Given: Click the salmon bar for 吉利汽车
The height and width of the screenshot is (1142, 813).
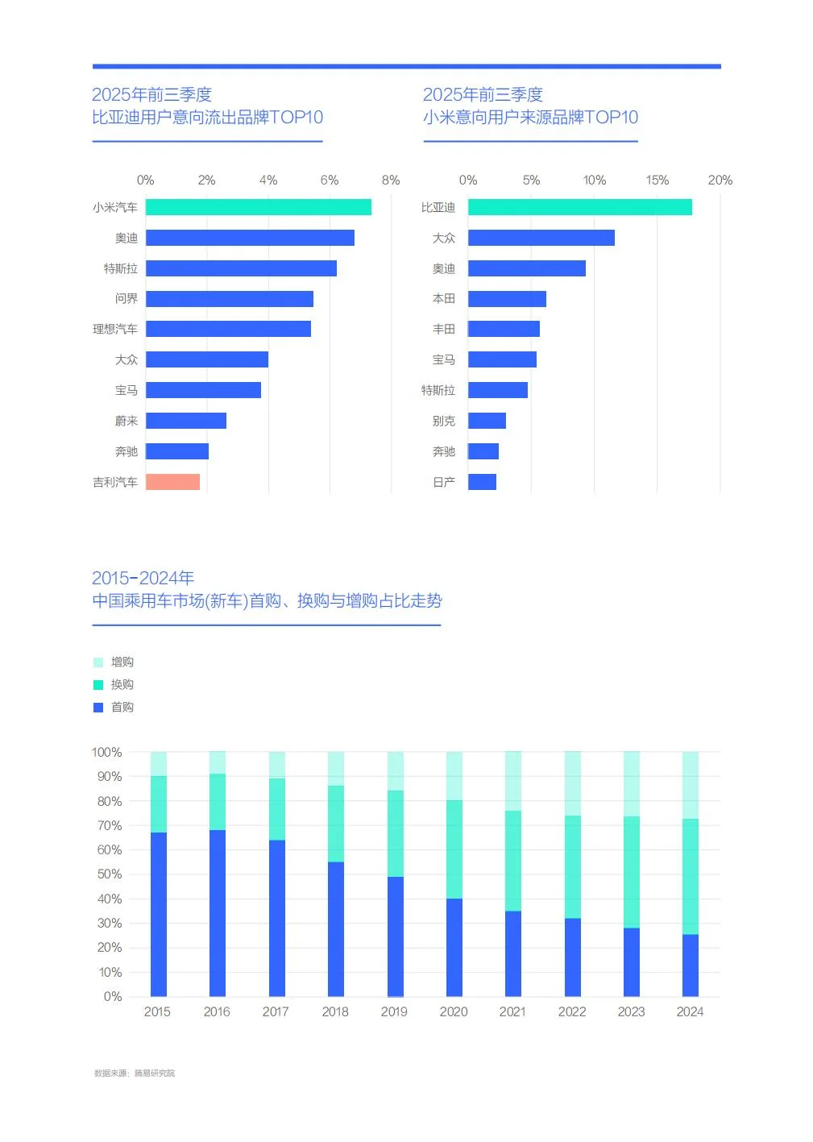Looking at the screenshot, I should point(172,482).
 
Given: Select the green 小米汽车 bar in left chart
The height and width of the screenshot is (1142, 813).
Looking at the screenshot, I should point(258,207).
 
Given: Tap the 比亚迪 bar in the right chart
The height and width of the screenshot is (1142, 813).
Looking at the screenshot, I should point(579,207).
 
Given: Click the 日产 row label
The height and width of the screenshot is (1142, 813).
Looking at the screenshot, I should point(444,482).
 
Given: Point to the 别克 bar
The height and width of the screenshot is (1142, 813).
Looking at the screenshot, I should point(487,421).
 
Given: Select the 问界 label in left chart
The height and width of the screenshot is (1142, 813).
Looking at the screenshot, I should point(127,298).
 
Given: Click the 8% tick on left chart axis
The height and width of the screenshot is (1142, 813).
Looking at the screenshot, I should point(391,180).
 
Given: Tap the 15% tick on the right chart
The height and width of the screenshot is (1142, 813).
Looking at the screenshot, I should point(657,180).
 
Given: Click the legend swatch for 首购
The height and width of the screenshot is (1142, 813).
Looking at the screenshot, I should point(98,707).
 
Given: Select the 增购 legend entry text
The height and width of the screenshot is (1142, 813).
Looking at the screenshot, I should point(122,662).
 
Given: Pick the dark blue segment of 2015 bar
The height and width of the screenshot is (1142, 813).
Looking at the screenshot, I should point(158,914).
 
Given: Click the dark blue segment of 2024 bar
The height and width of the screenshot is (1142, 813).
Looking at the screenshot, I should point(690,965).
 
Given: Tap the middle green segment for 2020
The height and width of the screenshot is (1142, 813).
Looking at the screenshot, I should point(454,849).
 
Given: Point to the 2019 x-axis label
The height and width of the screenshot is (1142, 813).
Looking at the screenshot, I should point(394,1011).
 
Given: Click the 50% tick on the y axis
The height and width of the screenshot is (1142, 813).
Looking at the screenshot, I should point(110,874).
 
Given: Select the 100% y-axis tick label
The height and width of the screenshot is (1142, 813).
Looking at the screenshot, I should point(107,752).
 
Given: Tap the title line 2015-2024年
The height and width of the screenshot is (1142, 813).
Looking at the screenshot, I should point(143,578).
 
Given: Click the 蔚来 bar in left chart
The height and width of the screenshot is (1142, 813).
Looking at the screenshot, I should point(185,421).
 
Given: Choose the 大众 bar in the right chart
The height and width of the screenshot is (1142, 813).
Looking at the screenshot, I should point(541,238).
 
